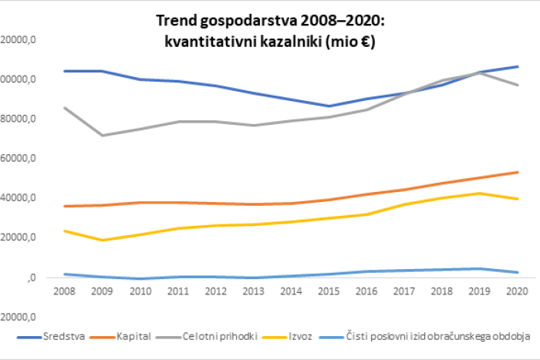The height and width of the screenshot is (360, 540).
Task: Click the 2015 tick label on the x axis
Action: pyautogui.click(x=329, y=291)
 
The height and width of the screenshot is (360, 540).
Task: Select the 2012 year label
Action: pyautogui.click(x=214, y=291)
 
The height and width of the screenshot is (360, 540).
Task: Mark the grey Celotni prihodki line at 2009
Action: pyautogui.click(x=102, y=136)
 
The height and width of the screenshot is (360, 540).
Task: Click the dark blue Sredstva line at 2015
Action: pyautogui.click(x=329, y=106)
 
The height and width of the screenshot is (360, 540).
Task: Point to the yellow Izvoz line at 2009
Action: pyautogui.click(x=102, y=241)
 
